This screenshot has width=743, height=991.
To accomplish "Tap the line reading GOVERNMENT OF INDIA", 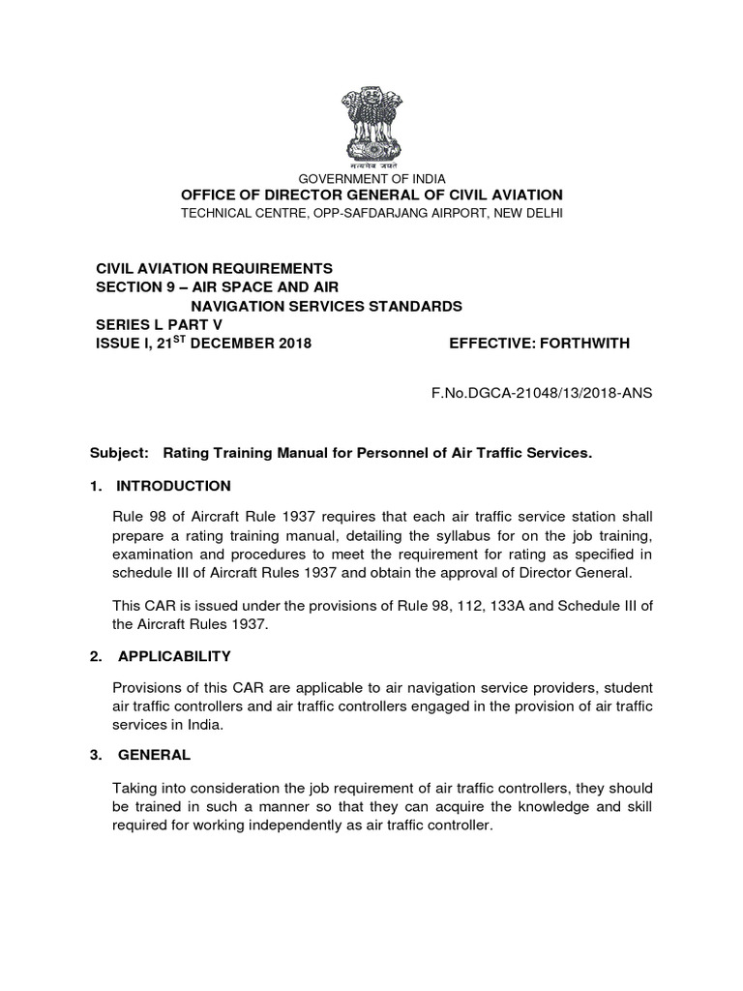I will (371, 179).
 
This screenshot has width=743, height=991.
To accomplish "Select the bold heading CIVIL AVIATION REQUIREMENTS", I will (213, 268).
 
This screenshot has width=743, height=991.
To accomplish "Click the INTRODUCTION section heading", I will (174, 486).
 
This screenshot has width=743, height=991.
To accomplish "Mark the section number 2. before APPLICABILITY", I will (96, 656).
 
